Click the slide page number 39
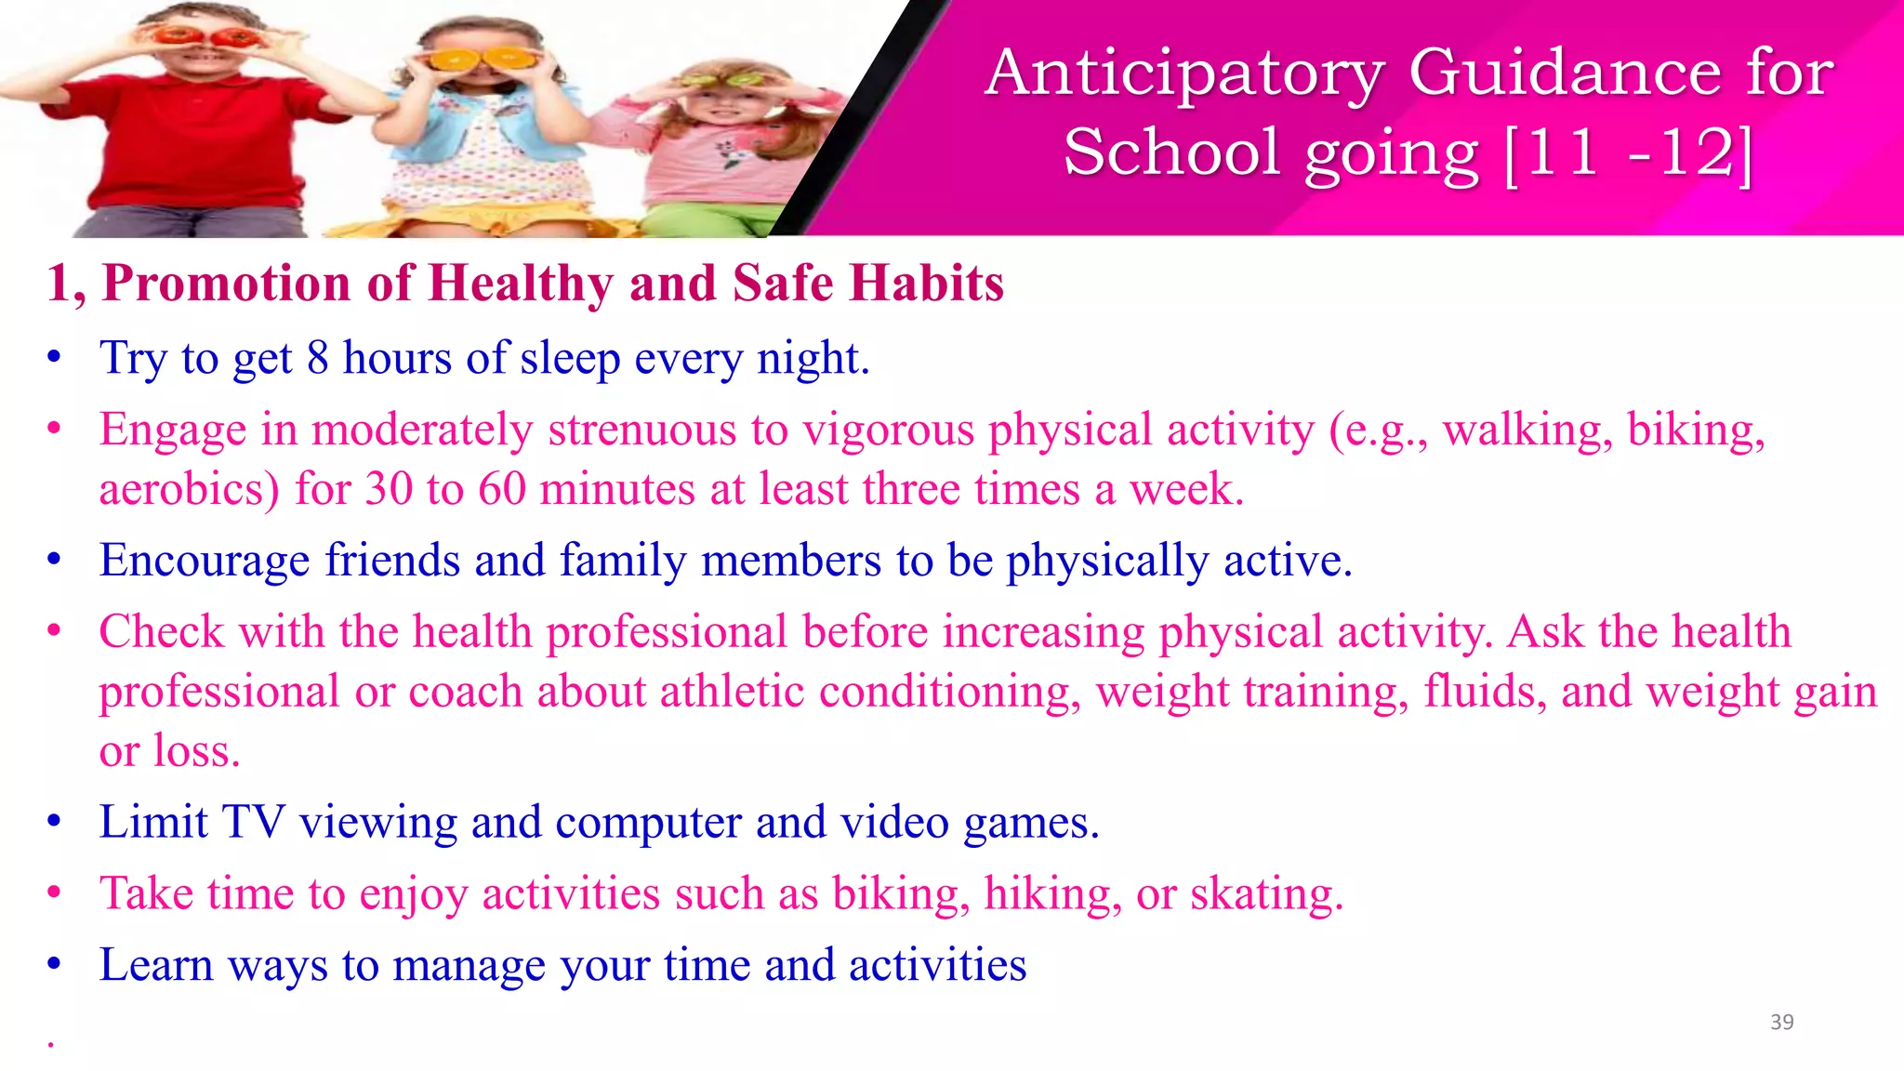click(x=1781, y=1022)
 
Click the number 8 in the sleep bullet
click(x=318, y=359)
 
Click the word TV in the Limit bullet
click(x=252, y=823)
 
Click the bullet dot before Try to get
click(x=55, y=358)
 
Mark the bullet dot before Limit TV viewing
click(x=55, y=822)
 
